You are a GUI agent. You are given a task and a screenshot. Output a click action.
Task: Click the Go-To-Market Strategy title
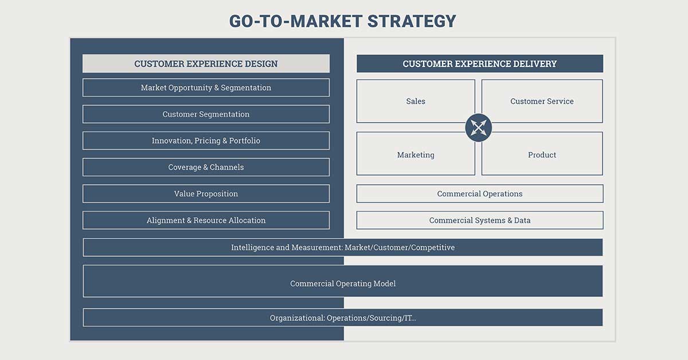342,21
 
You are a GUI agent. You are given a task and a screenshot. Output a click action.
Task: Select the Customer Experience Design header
206,64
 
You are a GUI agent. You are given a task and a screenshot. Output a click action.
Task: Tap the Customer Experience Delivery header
480,64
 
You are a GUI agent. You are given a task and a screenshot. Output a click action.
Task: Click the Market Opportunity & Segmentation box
206,88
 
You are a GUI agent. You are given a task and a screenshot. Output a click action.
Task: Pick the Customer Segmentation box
206,114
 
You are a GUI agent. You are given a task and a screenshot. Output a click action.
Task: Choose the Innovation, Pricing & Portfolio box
206,140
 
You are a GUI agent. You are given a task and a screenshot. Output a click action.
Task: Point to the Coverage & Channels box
206,167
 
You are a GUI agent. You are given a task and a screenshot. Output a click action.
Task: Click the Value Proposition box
206,194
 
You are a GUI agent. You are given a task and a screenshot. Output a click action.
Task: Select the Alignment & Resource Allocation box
206,220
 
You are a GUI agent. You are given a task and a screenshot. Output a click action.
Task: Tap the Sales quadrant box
416,101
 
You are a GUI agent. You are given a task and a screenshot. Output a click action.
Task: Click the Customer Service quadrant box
542,101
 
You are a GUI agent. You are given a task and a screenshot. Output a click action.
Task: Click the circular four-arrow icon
479,127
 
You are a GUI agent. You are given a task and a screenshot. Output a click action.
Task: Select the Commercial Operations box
480,194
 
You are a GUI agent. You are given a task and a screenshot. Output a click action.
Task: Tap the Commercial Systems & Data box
480,220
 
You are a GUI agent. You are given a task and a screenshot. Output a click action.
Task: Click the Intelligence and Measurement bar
343,247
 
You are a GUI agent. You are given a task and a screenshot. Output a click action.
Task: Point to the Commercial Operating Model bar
343,281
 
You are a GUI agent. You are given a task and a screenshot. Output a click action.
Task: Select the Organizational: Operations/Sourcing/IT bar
343,318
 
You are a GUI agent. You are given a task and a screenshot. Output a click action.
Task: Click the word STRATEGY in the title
412,21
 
